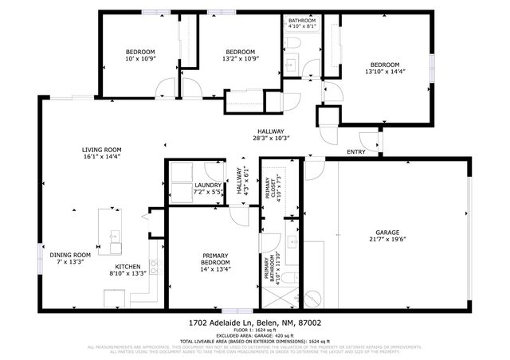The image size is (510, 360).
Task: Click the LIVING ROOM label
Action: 101,149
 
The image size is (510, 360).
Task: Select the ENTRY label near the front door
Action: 356,151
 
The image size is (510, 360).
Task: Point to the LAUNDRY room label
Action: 208,186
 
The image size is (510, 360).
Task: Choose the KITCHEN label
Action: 127,266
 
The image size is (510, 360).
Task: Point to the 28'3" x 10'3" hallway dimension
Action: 270,139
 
